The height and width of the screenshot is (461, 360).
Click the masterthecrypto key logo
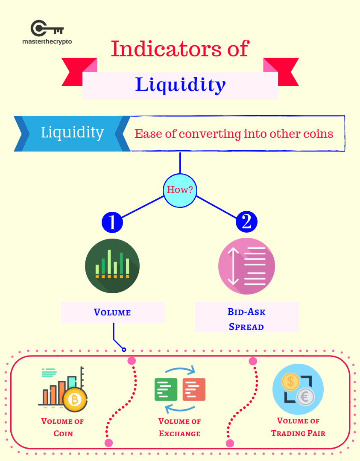click(47, 29)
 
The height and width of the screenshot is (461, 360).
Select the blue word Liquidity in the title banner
click(180, 85)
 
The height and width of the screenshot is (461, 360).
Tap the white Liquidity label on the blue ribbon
click(72, 132)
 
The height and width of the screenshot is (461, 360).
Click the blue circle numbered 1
click(112, 222)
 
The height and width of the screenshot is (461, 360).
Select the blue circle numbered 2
click(246, 222)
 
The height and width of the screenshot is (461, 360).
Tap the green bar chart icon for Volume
click(112, 266)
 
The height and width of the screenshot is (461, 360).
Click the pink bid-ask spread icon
click(246, 266)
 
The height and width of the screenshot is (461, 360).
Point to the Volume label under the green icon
click(112, 312)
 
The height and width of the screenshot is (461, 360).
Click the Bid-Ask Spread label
click(246, 319)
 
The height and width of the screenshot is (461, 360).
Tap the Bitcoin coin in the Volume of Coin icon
click(75, 400)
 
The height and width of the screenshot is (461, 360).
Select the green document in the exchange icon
click(166, 389)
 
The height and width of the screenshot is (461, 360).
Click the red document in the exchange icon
click(194, 389)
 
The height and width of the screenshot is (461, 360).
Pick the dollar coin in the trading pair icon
click(291, 381)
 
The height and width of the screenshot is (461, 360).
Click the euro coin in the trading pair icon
click(305, 397)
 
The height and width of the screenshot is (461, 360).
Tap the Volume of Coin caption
click(63, 427)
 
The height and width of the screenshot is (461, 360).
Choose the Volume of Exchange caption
click(180, 427)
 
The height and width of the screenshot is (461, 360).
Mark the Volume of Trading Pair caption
click(298, 427)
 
